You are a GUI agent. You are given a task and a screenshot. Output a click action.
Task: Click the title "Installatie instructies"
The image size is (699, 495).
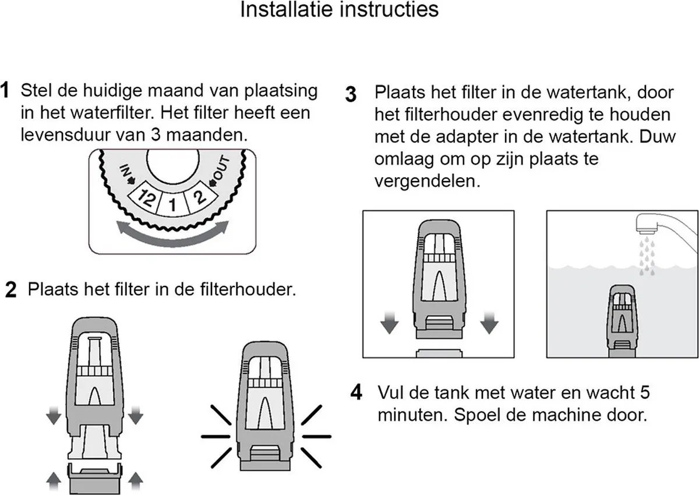(340, 9)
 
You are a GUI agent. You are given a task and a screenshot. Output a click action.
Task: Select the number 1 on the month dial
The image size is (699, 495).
(172, 205)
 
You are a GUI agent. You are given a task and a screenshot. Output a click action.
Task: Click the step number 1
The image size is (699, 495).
(5, 90)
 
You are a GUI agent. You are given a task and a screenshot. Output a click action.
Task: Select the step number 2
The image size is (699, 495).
(11, 290)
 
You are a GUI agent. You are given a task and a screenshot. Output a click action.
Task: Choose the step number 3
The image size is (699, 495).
(351, 94)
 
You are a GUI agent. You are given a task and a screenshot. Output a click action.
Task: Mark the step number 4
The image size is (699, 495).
(356, 393)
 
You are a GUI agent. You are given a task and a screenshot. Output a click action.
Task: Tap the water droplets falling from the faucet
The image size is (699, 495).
(647, 256)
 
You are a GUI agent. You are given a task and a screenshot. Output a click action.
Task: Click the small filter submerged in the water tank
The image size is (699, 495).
(622, 321)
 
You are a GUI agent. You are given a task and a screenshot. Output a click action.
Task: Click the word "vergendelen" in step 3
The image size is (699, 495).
(427, 181)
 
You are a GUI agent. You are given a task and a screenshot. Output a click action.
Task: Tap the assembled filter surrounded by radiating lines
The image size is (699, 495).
(265, 406)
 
